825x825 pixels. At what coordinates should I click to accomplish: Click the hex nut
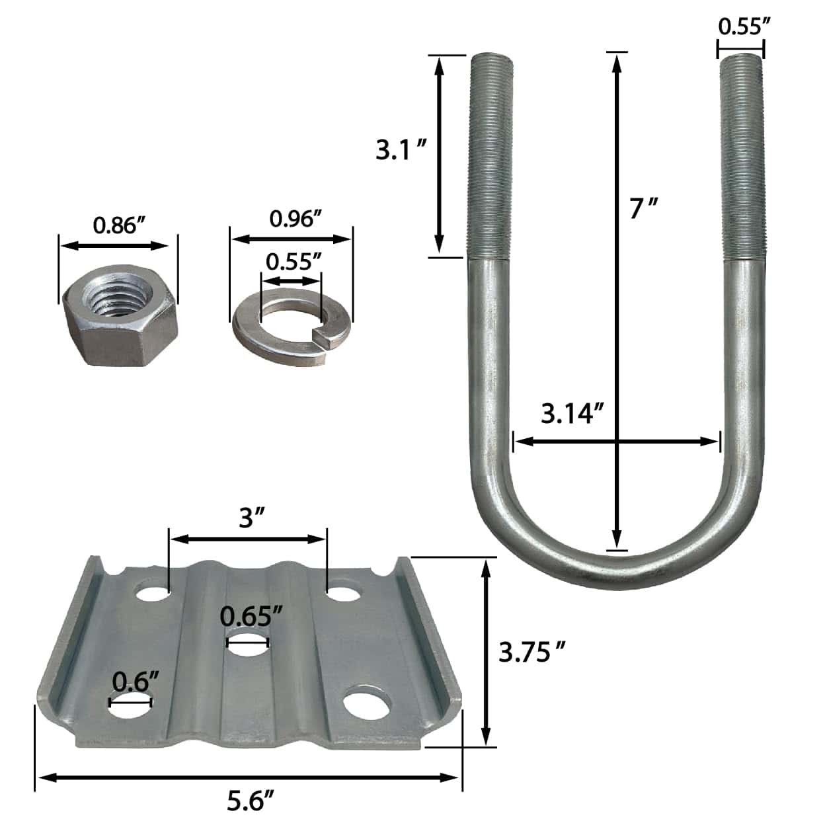pos(120,315)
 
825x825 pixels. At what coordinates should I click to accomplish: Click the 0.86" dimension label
pos(120,225)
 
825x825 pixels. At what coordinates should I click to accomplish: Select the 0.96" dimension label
pos(296,219)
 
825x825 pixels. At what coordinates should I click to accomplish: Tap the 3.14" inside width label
pos(572,414)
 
